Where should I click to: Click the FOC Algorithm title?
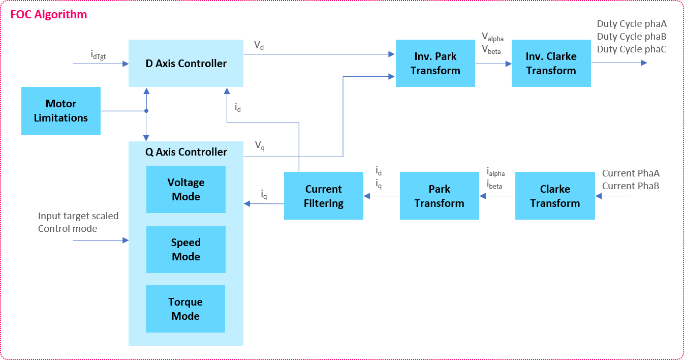point(49,14)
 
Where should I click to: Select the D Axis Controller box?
point(185,64)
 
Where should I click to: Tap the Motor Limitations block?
point(61,111)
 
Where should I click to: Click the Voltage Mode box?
point(186,189)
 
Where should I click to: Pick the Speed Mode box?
point(186,249)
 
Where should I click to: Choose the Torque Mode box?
point(185,309)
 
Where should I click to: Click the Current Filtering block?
point(324,196)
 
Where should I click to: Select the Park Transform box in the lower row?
point(439,196)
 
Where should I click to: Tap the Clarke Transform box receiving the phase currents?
point(555,196)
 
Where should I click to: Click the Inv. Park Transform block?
point(436,64)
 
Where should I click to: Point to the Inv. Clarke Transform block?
point(551,64)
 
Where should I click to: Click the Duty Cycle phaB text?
point(632,37)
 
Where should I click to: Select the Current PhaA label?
point(631,173)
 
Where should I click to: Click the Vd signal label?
point(259,46)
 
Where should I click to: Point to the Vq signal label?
point(260,146)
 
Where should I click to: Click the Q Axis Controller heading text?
point(186,152)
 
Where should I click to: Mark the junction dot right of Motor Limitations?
point(146,111)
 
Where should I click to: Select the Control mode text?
point(68,228)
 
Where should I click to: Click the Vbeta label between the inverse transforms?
point(491,50)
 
